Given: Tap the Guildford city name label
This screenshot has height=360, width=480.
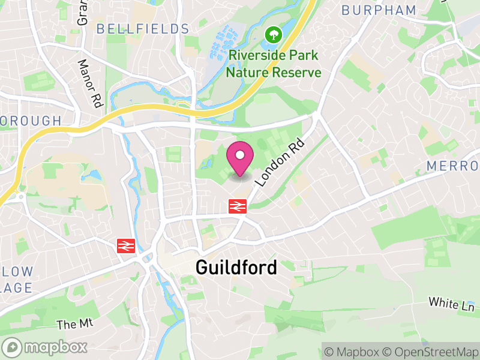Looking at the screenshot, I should click(x=236, y=268).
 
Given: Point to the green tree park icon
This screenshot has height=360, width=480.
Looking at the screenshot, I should click(x=274, y=34).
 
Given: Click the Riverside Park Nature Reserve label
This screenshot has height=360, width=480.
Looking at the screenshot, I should click(x=274, y=64).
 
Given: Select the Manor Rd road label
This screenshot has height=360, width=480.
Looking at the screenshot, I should click(x=88, y=83).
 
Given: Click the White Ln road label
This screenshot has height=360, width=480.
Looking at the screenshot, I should click(x=451, y=304).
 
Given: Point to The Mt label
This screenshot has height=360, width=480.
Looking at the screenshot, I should click(x=76, y=324).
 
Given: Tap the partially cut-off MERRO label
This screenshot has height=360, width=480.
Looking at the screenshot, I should click(x=453, y=166).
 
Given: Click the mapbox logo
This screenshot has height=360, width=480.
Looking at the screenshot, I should click(x=45, y=347).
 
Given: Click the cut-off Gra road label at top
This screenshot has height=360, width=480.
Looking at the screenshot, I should click(x=82, y=13).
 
